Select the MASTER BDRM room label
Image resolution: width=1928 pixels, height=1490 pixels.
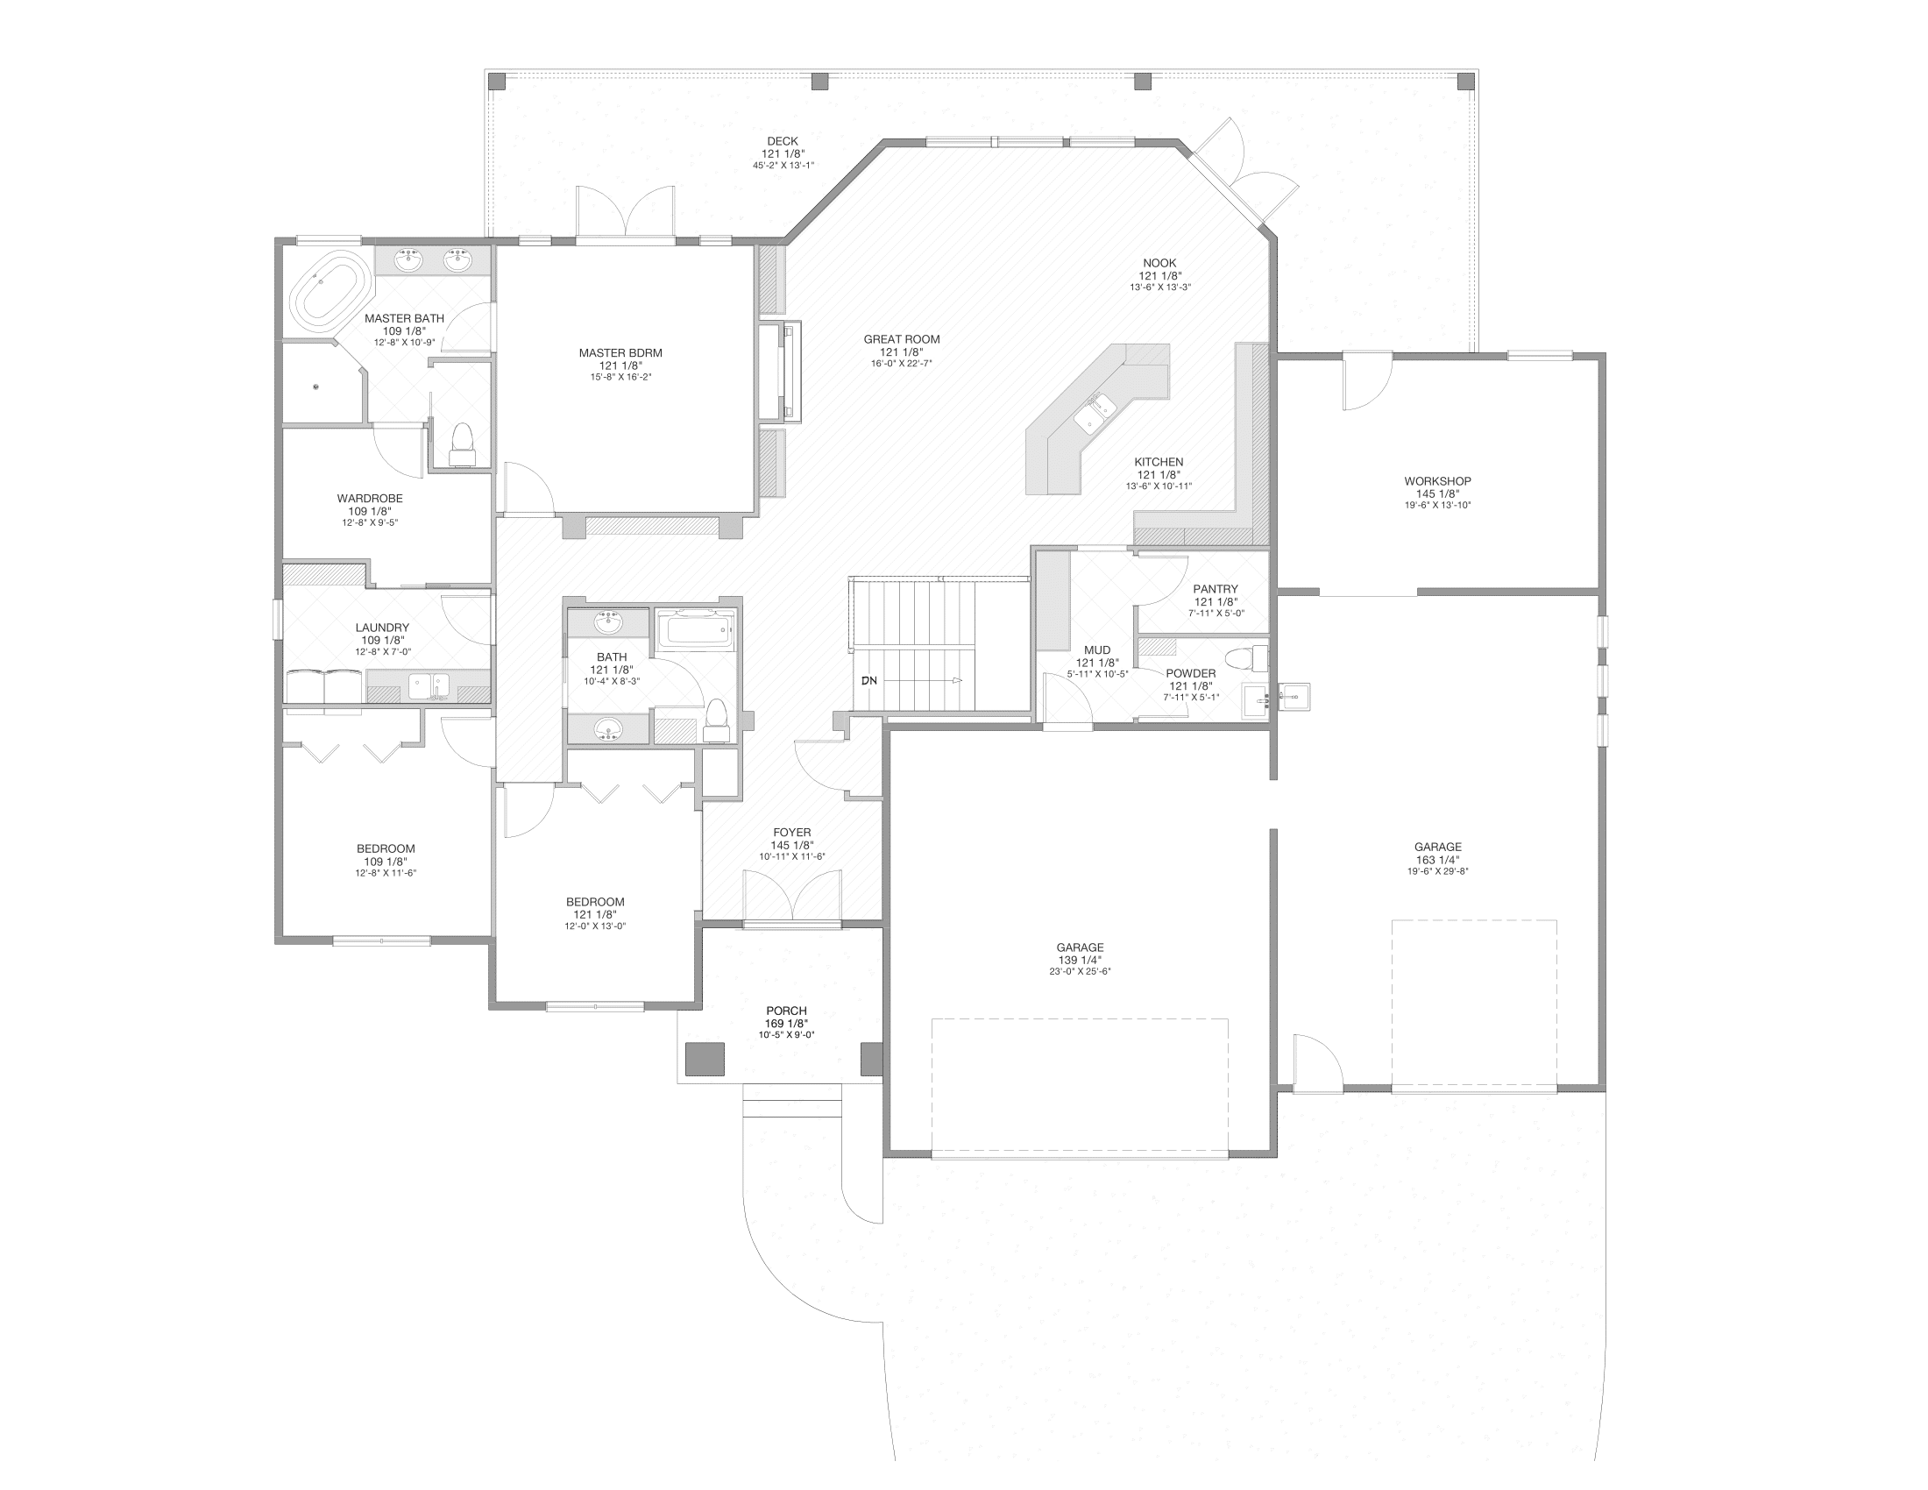pos(620,353)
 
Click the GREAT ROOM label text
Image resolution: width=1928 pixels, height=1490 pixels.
pos(901,339)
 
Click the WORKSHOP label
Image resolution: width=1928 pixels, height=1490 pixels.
pos(1437,481)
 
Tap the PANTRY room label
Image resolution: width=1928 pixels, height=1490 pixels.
pos(1216,589)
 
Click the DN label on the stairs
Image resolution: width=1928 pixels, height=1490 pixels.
pos(869,680)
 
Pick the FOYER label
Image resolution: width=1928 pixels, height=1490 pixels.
pos(792,833)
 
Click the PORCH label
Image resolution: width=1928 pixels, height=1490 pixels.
pos(786,1011)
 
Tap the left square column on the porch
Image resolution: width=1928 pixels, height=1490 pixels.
pos(705,1059)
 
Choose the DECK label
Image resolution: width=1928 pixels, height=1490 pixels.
pos(782,141)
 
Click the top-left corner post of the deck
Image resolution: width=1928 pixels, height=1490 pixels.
pos(497,82)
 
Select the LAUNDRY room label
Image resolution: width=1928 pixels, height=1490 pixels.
pos(382,628)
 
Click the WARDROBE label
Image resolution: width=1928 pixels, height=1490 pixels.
pos(370,499)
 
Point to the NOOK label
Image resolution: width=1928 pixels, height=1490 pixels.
pos(1159,263)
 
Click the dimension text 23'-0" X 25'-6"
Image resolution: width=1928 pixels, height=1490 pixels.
pos(1080,972)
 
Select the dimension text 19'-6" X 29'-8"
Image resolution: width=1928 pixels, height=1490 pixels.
pos(1437,871)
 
